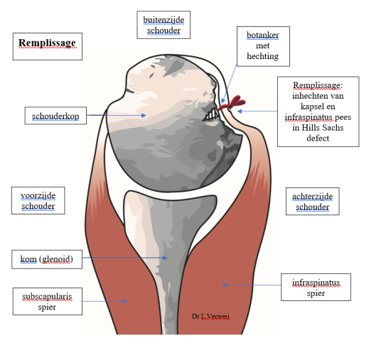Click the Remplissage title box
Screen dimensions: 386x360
48,46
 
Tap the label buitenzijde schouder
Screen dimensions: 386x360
163,25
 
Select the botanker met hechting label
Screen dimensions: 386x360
263,46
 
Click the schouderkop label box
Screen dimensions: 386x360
55,116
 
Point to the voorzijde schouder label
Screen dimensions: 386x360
38,200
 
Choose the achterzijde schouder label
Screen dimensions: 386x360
313,202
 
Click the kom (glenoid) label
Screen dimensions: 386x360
47,259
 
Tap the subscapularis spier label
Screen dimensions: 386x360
48,302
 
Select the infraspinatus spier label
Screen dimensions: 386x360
316,287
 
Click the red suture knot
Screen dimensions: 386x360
232,103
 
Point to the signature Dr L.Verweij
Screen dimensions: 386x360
210,317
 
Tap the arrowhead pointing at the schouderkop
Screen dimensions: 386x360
144,115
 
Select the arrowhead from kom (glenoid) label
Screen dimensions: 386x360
165,258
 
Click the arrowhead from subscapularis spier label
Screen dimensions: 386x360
126,301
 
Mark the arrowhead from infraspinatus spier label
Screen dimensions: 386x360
224,285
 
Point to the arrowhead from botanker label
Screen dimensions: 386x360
223,101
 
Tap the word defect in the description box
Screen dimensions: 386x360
318,138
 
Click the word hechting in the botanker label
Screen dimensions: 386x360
263,56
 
